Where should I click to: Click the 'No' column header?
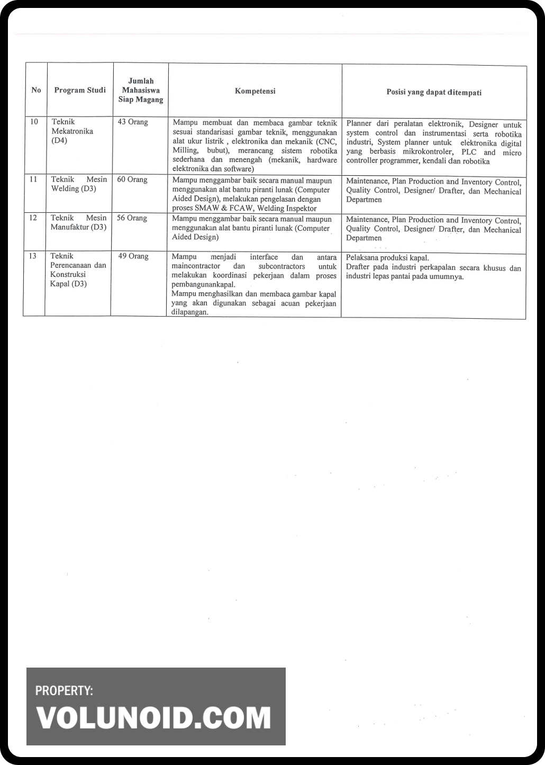[36, 90]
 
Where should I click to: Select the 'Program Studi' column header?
[80, 90]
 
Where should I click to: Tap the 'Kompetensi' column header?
[255, 91]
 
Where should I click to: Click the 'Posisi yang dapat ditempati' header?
[434, 92]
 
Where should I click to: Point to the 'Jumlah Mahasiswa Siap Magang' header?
[141, 90]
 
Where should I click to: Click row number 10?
[34, 122]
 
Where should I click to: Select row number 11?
[33, 179]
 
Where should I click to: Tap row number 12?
[33, 218]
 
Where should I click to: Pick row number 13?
[33, 256]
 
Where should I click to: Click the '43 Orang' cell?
[133, 122]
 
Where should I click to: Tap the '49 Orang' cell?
[133, 256]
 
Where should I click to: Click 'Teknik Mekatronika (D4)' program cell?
[72, 131]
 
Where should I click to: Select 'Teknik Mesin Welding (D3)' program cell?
[78, 184]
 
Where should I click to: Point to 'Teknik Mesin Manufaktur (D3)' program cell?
[78, 222]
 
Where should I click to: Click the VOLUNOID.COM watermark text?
[153, 718]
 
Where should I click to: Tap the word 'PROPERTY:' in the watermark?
[64, 690]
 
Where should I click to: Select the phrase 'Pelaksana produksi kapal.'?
[387, 258]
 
